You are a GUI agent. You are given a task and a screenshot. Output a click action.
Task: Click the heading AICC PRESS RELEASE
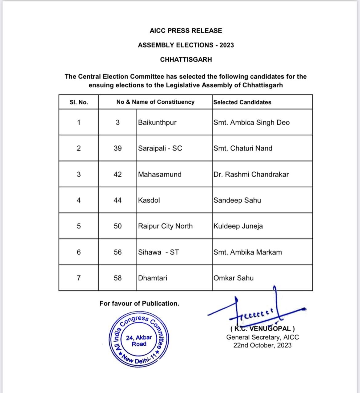point(186,31)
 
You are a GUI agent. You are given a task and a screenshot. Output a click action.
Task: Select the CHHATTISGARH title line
point(186,60)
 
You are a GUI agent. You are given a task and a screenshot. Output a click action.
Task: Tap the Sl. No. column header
point(79,102)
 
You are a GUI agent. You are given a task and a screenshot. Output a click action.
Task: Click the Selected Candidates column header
point(242,102)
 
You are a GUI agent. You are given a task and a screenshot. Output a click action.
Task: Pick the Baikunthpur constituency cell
point(157,122)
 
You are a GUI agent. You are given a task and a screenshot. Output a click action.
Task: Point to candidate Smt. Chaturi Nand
point(243,148)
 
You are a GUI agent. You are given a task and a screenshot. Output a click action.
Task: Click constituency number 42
point(118,174)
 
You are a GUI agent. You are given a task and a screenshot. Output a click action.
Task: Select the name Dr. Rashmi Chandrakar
point(251,174)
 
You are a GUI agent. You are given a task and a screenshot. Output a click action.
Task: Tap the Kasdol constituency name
point(149,200)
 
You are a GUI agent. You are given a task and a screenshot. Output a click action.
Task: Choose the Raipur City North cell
point(165,226)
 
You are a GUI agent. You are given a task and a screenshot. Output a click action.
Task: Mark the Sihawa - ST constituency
point(158,252)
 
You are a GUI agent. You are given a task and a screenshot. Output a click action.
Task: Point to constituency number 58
point(118,278)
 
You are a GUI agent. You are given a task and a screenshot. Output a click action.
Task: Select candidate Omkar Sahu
point(234,278)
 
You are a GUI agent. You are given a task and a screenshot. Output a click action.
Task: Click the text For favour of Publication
point(139,304)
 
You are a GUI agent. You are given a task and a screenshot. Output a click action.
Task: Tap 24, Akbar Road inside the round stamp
point(139,341)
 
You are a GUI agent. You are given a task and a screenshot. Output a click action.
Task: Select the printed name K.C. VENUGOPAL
point(263,329)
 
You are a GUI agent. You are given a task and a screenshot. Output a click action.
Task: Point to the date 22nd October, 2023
point(262,345)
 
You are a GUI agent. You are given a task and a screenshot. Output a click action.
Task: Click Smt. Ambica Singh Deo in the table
point(252,122)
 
